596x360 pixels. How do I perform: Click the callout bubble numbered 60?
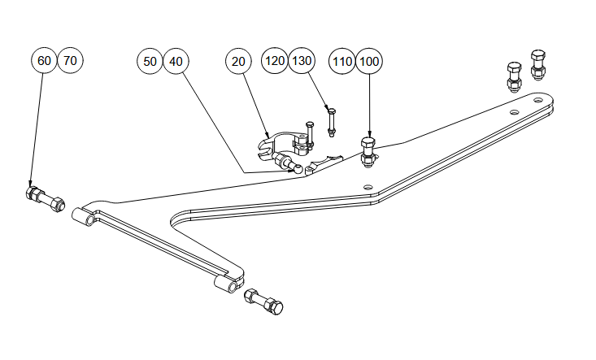44,61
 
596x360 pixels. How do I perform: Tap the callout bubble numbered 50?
150,61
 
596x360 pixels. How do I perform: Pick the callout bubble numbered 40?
176,61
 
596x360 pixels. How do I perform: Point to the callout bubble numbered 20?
238,61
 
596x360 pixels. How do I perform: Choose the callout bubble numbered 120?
275,61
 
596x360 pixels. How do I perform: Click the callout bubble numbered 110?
342,61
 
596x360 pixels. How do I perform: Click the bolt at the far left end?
46,197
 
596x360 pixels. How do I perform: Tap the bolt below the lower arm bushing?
263,301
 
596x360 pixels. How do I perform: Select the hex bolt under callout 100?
368,151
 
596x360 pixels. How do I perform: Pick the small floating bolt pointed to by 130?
331,120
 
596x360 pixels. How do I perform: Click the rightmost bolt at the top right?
538,64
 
